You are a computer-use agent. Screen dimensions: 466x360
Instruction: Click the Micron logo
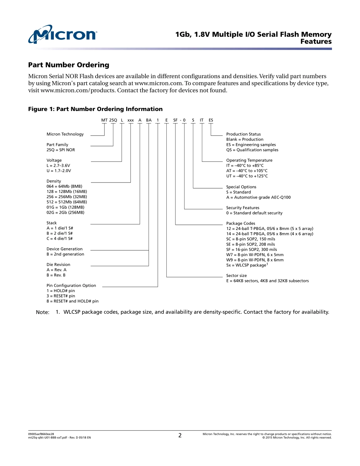pyautogui.click(x=63, y=34)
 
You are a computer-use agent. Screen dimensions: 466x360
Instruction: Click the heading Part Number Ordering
pyautogui.click(x=69, y=65)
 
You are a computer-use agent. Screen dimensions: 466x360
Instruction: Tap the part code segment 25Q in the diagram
pyautogui.click(x=113, y=120)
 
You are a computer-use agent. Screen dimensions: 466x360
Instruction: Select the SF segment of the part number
pyautogui.click(x=175, y=120)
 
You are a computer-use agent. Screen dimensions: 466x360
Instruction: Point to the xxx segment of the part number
pyautogui.click(x=131, y=120)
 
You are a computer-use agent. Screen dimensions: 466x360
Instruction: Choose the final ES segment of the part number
pyautogui.click(x=211, y=120)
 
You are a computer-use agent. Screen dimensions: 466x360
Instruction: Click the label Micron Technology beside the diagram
pyautogui.click(x=65, y=134)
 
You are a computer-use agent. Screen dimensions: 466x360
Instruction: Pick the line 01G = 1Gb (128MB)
pyautogui.click(x=65, y=207)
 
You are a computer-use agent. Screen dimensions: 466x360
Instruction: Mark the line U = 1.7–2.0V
pyautogui.click(x=59, y=171)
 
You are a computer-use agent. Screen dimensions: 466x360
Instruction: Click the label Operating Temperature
pyautogui.click(x=249, y=160)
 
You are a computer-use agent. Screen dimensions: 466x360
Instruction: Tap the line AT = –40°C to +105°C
pyautogui.click(x=247, y=171)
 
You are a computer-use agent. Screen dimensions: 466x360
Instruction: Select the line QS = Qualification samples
pyautogui.click(x=252, y=150)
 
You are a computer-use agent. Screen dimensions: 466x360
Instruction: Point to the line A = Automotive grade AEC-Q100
pyautogui.click(x=258, y=197)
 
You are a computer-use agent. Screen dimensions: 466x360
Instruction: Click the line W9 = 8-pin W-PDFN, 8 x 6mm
pyautogui.click(x=255, y=260)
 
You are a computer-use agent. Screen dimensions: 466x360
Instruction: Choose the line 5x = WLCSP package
pyautogui.click(x=246, y=265)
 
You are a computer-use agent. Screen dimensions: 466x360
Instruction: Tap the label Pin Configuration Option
pyautogui.click(x=71, y=285)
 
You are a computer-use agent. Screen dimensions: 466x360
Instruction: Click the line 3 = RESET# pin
pyautogui.click(x=61, y=296)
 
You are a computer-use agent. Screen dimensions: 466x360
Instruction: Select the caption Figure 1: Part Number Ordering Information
pyautogui.click(x=95, y=109)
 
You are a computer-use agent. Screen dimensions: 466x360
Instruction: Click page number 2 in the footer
pyautogui.click(x=180, y=436)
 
